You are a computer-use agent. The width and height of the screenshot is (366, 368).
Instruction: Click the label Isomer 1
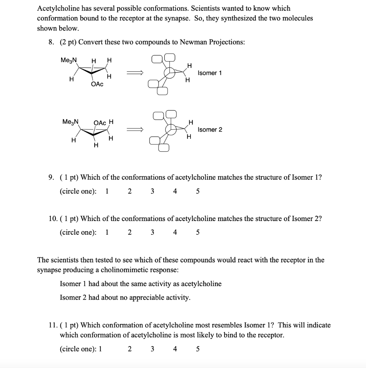point(210,73)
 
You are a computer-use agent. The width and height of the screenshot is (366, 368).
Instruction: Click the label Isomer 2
point(210,129)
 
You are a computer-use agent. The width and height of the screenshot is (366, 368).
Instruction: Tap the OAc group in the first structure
point(97,84)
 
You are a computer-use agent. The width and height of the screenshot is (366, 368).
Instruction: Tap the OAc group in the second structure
point(100,123)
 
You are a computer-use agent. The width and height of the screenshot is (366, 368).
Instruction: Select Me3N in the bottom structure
point(70,122)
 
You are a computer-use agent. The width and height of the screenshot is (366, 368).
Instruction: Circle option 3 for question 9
point(152,191)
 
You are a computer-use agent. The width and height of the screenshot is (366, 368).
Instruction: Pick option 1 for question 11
point(100,349)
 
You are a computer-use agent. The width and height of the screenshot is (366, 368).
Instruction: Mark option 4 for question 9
point(175,191)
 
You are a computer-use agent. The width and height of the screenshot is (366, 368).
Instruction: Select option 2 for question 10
point(129,232)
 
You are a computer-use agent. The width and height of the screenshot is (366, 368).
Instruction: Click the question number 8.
point(51,42)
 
